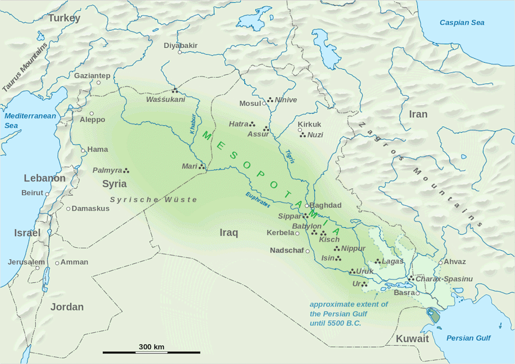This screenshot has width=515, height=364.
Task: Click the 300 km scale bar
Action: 152,352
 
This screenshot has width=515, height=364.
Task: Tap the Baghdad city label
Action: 326,205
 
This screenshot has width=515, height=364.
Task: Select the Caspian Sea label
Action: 462,22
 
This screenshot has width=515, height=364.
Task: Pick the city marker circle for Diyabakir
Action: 180,52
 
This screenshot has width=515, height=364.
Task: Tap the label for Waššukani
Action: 166,99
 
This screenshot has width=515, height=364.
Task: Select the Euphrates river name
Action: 257,203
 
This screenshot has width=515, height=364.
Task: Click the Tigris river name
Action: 290,156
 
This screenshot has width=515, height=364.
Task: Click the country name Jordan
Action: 67,307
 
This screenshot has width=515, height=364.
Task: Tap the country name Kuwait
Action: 412,339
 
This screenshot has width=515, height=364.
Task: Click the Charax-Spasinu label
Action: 444,279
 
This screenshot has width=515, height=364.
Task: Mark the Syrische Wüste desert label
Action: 153,199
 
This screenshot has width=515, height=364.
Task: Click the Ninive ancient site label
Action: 286,100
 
